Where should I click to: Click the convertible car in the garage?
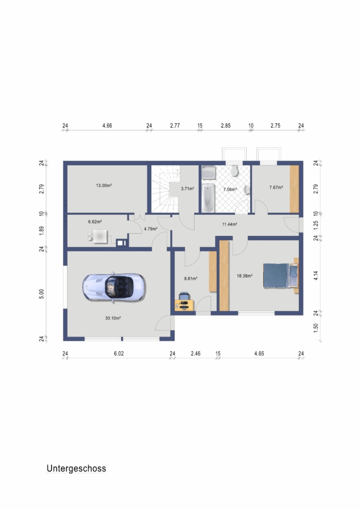tap(114, 287)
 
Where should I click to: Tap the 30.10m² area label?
tap(113, 318)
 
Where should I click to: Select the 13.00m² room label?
tap(104, 186)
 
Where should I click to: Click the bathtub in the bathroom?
tap(208, 198)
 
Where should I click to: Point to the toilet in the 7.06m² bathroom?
tap(234, 171)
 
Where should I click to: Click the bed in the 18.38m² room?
tap(280, 275)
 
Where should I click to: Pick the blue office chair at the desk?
tap(184, 297)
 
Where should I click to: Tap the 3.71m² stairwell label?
tap(187, 188)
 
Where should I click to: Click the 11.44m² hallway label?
tap(229, 224)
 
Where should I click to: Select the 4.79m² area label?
tap(151, 228)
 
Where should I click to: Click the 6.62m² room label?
tap(95, 222)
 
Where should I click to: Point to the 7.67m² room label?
tap(276, 187)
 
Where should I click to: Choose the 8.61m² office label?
tap(191, 278)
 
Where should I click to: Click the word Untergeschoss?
tap(76, 468)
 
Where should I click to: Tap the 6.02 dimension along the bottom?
tap(119, 353)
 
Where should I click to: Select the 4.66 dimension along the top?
tap(107, 126)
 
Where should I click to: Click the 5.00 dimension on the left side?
tap(41, 294)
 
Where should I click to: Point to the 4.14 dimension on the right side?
tap(316, 275)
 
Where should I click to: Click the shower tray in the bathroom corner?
tap(208, 172)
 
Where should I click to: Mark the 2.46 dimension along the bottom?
tap(196, 353)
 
